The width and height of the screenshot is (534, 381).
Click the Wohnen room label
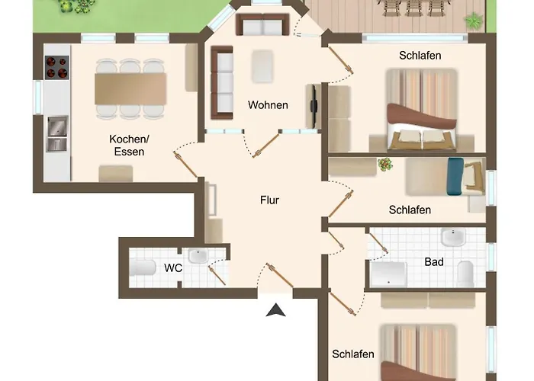(268, 105)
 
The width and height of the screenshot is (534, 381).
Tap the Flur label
(269, 200)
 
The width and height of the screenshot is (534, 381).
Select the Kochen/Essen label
(129, 146)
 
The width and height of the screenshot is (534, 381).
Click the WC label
(173, 268)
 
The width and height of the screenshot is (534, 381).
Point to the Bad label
(434, 262)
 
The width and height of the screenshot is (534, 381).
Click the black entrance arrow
(275, 310)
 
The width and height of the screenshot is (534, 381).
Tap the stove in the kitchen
(56, 67)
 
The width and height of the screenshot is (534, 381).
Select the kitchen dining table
(130, 89)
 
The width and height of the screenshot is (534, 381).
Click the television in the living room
(314, 106)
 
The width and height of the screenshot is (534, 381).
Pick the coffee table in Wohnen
(262, 67)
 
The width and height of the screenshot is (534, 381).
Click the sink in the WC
(198, 256)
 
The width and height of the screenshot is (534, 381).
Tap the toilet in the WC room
(143, 267)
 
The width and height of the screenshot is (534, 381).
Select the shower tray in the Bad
(388, 274)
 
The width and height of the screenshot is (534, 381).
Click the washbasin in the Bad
(453, 237)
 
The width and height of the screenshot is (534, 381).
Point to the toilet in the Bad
(465, 274)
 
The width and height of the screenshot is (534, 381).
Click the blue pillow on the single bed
(455, 177)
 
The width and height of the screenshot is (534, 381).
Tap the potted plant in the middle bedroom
(385, 165)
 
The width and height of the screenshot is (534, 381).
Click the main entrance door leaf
(280, 276)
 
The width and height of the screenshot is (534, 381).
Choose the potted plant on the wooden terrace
(474, 21)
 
